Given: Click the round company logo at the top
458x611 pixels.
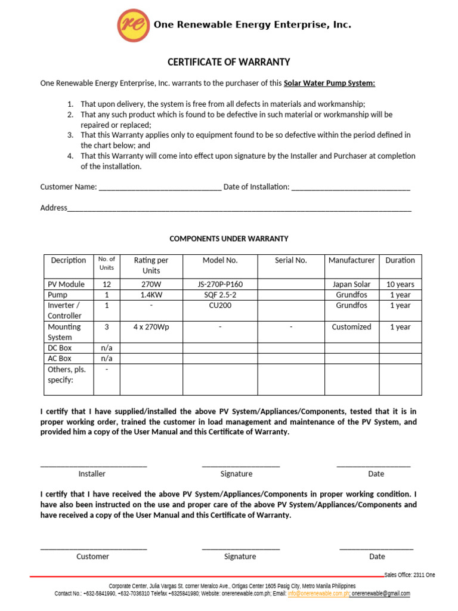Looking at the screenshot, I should [x=133, y=26].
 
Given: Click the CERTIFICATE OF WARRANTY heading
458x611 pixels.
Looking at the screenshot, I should [x=228, y=62].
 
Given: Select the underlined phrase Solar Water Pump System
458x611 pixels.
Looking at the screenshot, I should [x=329, y=83].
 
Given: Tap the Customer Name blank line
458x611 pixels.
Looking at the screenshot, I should [x=160, y=187].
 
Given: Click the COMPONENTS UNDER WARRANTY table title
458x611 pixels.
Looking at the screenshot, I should [x=229, y=239].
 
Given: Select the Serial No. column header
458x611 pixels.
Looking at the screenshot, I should [x=290, y=260].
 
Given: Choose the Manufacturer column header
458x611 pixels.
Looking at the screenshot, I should [x=351, y=260].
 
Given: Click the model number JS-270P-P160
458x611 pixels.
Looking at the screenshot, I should [x=219, y=285].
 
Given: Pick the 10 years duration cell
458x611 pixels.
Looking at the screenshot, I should [x=400, y=285].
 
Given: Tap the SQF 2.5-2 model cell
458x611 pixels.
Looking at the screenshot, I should [x=219, y=295].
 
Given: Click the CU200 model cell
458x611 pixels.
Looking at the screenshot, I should [x=219, y=305].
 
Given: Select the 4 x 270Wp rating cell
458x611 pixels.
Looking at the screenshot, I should [x=151, y=327].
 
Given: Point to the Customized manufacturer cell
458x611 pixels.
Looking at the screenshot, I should [x=351, y=327].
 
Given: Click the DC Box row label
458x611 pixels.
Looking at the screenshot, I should [x=59, y=348].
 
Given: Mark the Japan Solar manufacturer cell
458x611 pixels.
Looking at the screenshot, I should [x=351, y=285].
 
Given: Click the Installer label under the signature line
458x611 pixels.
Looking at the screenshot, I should [x=92, y=474].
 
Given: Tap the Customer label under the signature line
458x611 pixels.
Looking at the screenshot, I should [x=92, y=557].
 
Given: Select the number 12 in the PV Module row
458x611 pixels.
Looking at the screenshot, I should [x=107, y=285].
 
